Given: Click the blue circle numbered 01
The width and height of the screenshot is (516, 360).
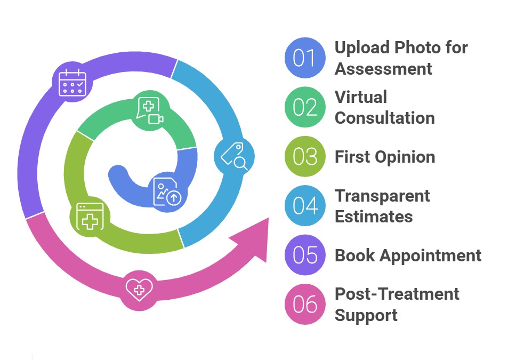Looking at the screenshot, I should point(304,58).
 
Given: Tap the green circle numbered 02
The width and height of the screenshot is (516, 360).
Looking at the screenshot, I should point(304,107).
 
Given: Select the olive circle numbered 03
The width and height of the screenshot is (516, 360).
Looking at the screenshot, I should point(304,156).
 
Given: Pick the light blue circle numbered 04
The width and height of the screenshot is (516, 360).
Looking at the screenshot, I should point(304,205).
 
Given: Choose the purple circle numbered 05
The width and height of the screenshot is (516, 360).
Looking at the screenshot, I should point(304,255).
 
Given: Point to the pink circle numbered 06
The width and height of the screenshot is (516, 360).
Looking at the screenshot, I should point(304,304).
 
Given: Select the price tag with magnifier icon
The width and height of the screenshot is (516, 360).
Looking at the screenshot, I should point(234,156).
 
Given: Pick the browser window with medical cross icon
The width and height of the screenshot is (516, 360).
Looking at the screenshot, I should point(90,216).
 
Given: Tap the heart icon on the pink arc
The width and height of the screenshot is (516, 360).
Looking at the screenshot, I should point(139,290).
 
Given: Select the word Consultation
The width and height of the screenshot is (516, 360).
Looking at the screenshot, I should point(384,117).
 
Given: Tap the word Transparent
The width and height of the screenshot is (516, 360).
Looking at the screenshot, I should point(382,196).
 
